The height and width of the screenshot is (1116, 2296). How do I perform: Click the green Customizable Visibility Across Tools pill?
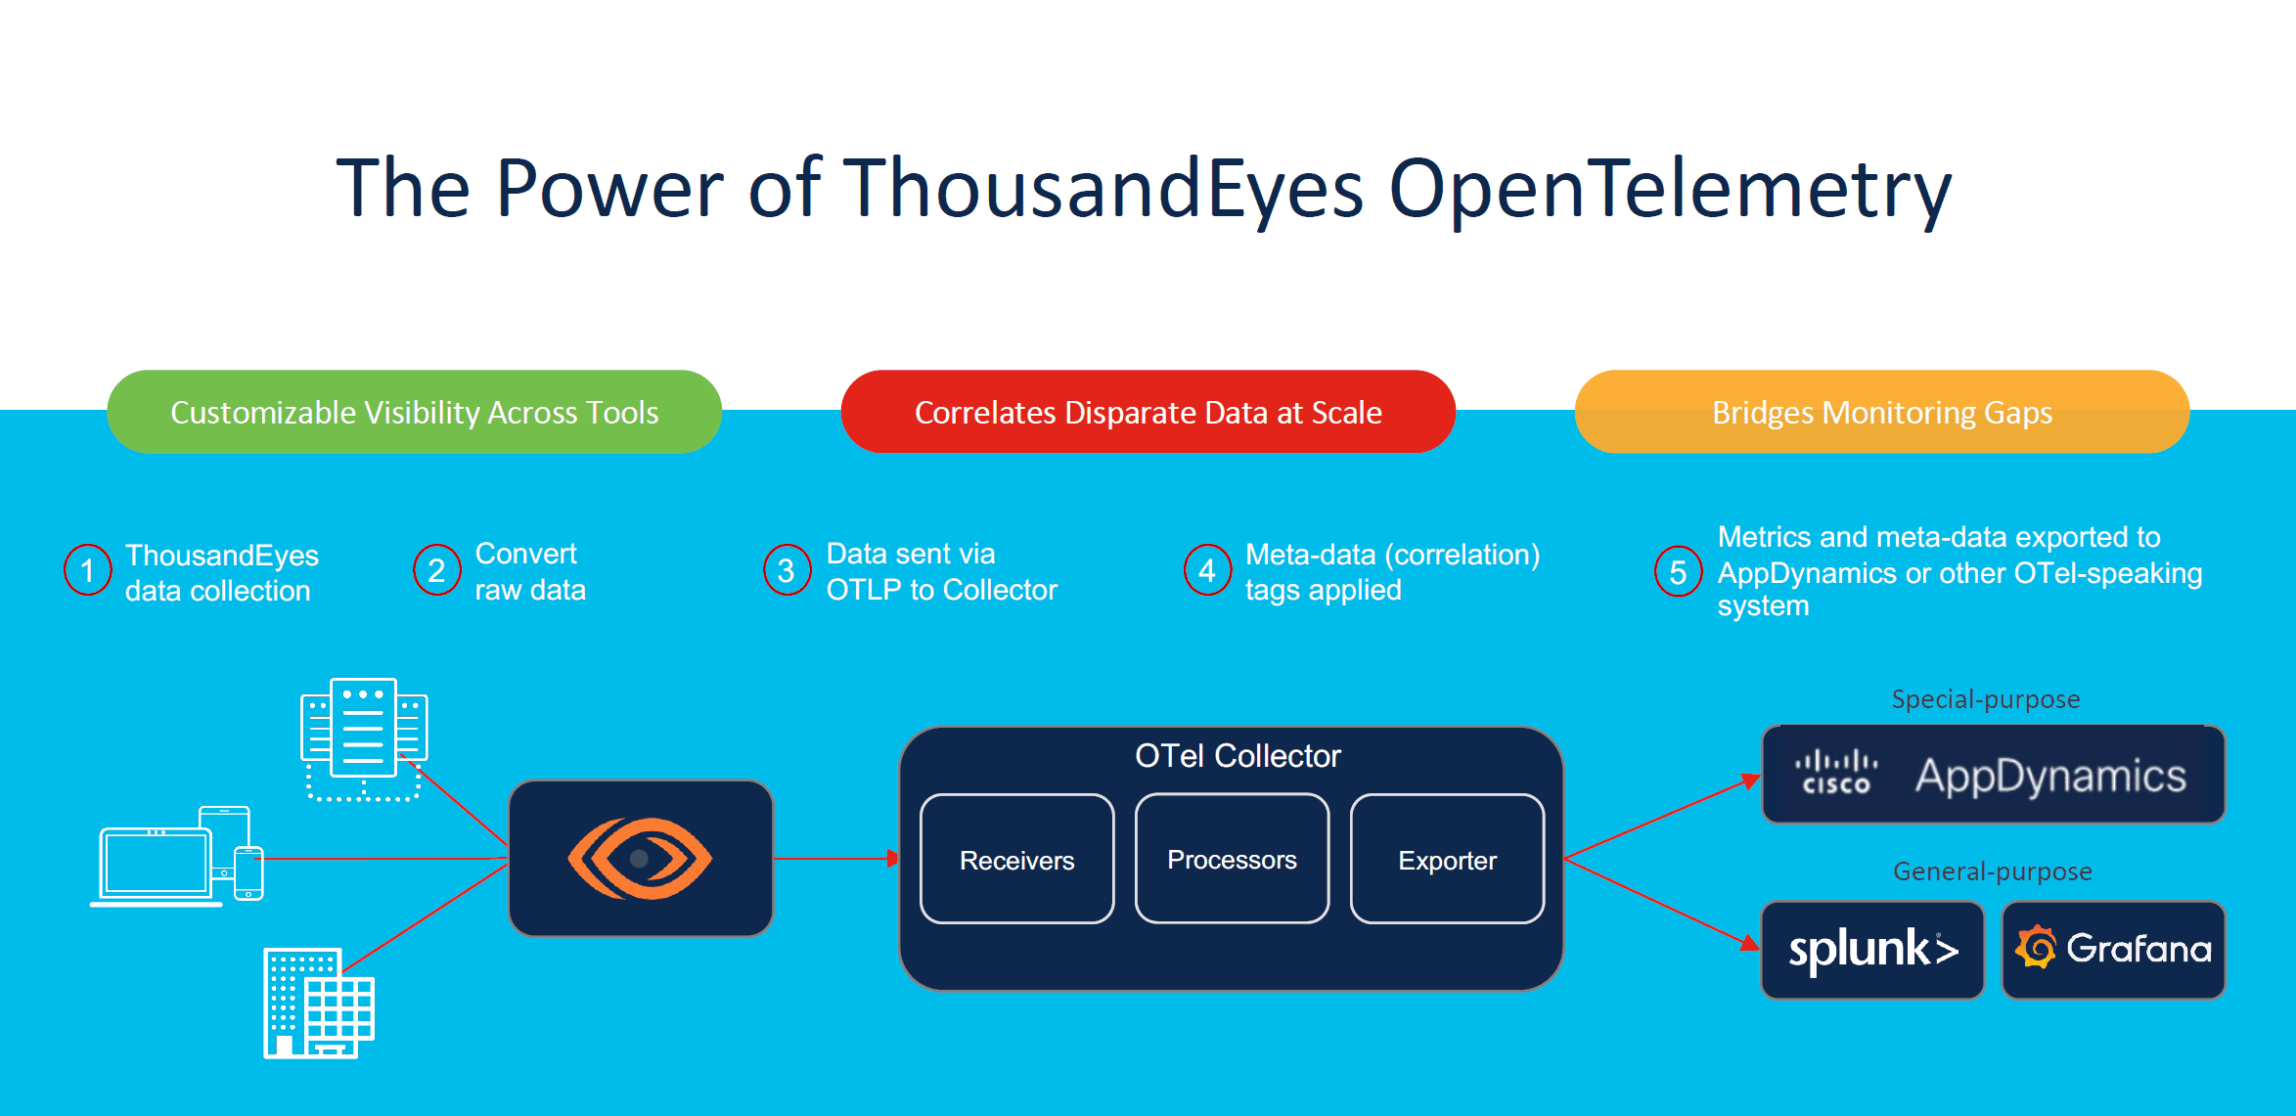pyautogui.click(x=415, y=412)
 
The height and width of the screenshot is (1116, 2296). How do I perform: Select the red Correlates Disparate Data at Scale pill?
pyautogui.click(x=1148, y=412)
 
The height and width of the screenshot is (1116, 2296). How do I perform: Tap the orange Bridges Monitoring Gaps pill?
pyautogui.click(x=1882, y=412)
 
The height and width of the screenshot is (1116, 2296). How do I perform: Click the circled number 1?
pyautogui.click(x=88, y=570)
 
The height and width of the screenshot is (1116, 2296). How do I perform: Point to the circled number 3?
pyautogui.click(x=788, y=570)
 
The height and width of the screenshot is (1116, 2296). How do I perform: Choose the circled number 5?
pyautogui.click(x=1679, y=572)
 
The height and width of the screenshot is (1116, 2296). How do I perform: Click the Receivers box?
pyautogui.click(x=1017, y=859)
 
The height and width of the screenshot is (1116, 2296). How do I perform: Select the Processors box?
pyautogui.click(x=1233, y=859)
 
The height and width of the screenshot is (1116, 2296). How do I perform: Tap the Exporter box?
pyautogui.click(x=1448, y=859)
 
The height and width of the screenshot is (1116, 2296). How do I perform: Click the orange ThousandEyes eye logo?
pyautogui.click(x=641, y=859)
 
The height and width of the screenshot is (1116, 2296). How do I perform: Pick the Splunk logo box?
pyautogui.click(x=1872, y=950)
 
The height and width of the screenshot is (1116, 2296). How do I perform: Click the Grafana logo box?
pyautogui.click(x=2114, y=950)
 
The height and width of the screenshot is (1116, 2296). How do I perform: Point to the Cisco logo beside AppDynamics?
pyautogui.click(x=1836, y=772)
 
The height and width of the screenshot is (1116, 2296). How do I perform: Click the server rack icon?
pyautogui.click(x=364, y=739)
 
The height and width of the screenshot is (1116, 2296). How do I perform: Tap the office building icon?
pyautogui.click(x=319, y=1004)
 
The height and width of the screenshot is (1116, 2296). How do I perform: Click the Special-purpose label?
pyautogui.click(x=1986, y=699)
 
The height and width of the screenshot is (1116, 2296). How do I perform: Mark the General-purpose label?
pyautogui.click(x=1993, y=871)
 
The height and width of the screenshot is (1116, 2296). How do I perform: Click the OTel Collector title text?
pyautogui.click(x=1238, y=756)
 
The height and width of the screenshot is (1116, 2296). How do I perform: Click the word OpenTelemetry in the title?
pyautogui.click(x=1670, y=190)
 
